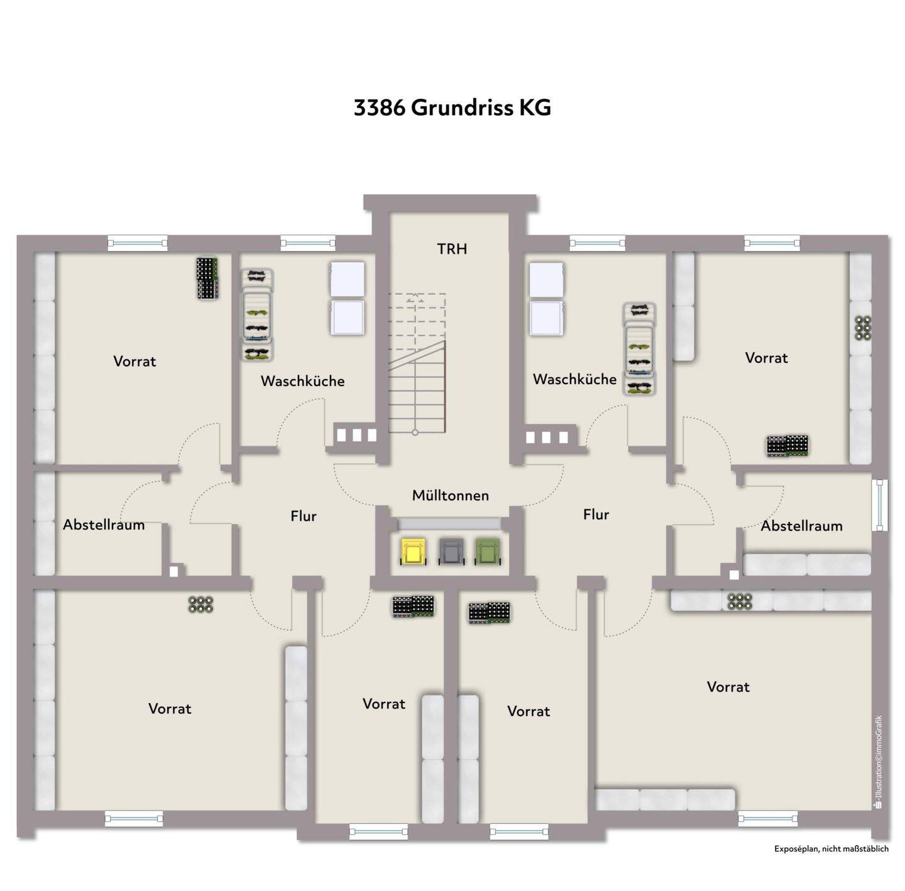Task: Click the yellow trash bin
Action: [413, 551]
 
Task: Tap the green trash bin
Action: [488, 551]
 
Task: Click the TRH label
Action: [452, 249]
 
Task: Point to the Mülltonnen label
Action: [451, 495]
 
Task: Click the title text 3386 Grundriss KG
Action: [452, 108]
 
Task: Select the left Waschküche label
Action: [302, 380]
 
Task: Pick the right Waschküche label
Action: [574, 379]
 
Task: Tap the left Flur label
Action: [304, 516]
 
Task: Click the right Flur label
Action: [596, 514]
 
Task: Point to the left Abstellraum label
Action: [104, 525]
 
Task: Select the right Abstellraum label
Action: [801, 526]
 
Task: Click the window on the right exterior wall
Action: [879, 505]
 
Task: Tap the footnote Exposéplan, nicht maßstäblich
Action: [831, 862]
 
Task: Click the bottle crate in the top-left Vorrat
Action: [207, 278]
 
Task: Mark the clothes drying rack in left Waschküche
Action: [257, 315]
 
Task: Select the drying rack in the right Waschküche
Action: [639, 349]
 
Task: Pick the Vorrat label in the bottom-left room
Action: [170, 709]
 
